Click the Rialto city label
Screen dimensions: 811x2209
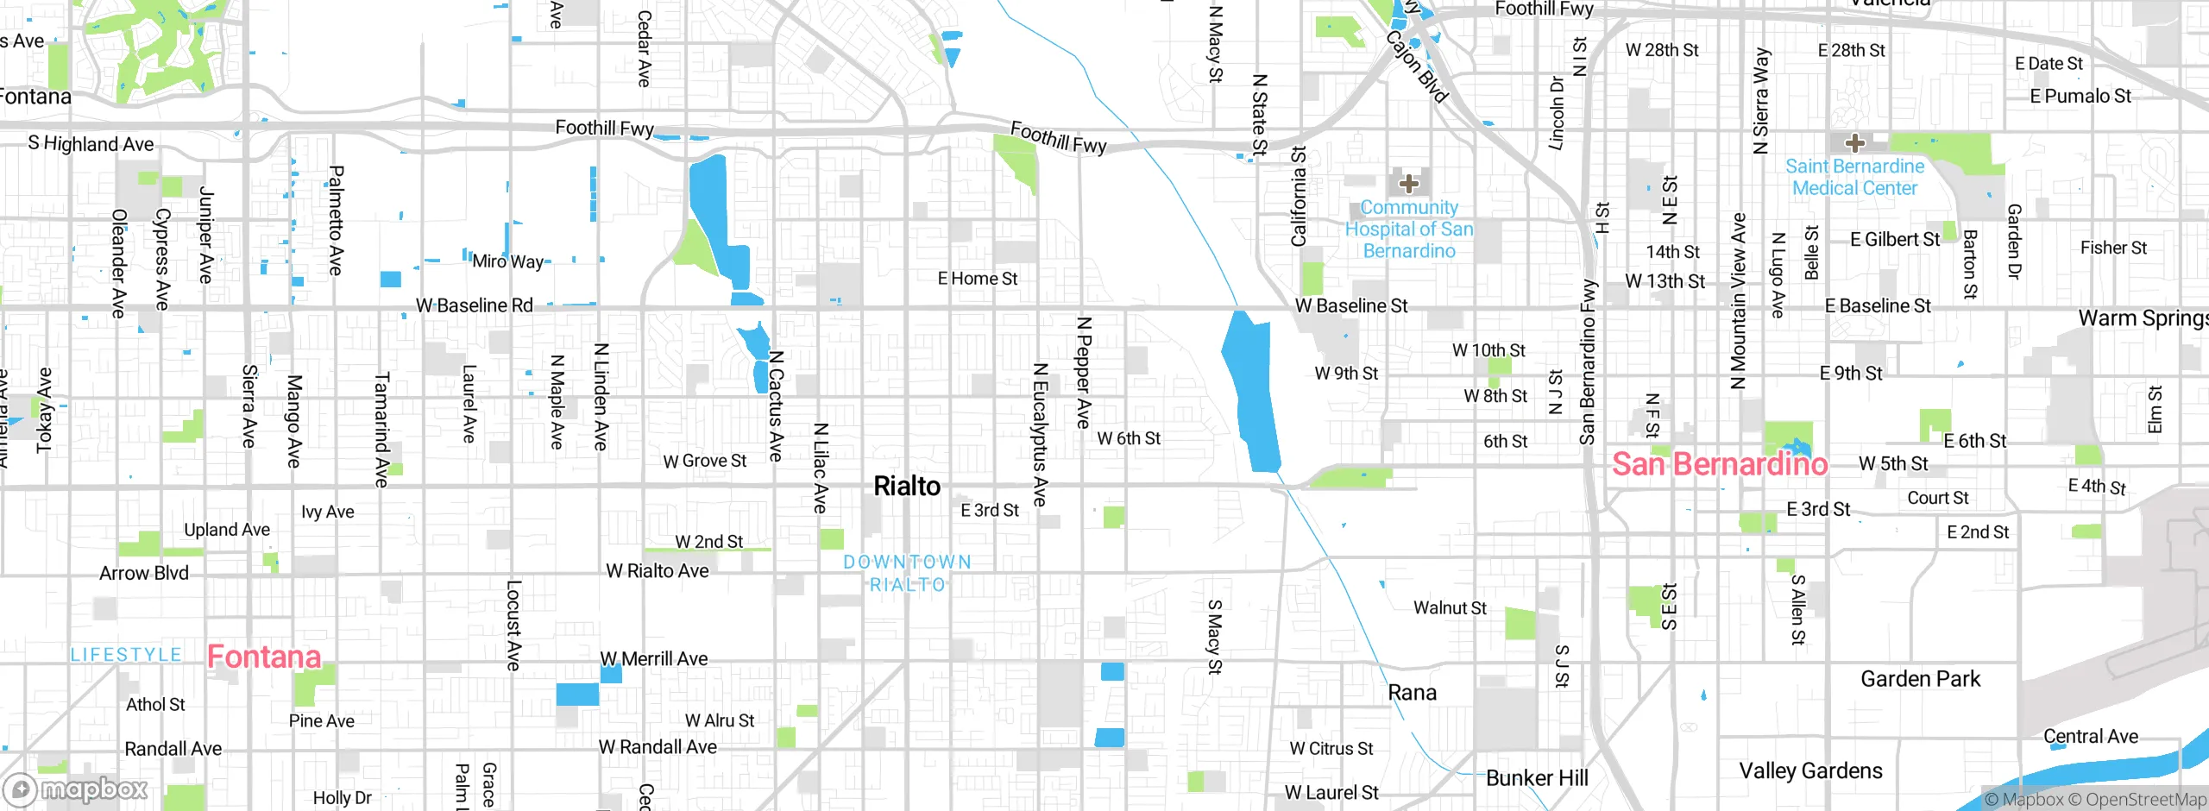pyautogui.click(x=907, y=486)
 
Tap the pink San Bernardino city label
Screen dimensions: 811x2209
pyautogui.click(x=1719, y=464)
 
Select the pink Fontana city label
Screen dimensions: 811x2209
pyautogui.click(x=264, y=657)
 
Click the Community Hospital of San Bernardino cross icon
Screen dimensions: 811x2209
pyautogui.click(x=1409, y=184)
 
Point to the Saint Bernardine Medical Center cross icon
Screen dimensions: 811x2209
pyautogui.click(x=1855, y=143)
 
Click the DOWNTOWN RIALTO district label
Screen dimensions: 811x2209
pyautogui.click(x=907, y=573)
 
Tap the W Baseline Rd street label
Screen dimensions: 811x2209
pyautogui.click(x=474, y=305)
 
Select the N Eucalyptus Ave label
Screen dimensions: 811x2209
pyautogui.click(x=1041, y=434)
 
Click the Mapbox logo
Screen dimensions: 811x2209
pyautogui.click(x=76, y=789)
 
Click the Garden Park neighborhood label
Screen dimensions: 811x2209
pyautogui.click(x=1920, y=679)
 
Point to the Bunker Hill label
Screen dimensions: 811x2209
pyautogui.click(x=1536, y=778)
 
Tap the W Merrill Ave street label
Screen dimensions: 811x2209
pyautogui.click(x=653, y=659)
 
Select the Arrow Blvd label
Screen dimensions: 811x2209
pyautogui.click(x=143, y=573)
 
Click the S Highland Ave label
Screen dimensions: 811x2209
pyautogui.click(x=91, y=144)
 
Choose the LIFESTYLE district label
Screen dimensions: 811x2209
pyautogui.click(x=126, y=655)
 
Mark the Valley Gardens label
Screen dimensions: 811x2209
pyautogui.click(x=1810, y=770)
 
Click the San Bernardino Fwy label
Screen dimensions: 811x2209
pyautogui.click(x=1588, y=362)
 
